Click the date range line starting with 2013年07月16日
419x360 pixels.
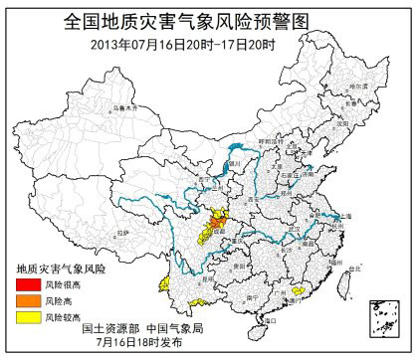[x=210, y=43]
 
